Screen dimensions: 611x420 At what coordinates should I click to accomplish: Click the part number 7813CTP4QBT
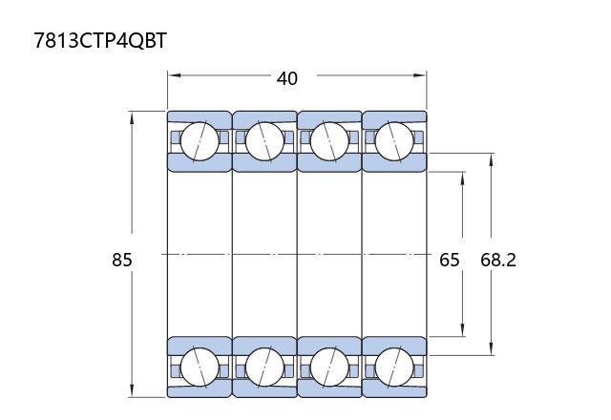click(100, 40)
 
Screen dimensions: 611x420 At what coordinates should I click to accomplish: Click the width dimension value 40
click(287, 78)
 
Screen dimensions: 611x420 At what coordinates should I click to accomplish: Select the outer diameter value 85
click(122, 260)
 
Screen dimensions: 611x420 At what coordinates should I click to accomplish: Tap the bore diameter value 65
click(450, 260)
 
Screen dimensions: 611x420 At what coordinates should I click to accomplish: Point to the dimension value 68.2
click(498, 260)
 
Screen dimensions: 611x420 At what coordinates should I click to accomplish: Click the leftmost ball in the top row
click(200, 141)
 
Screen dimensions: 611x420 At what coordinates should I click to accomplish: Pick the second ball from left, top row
click(264, 141)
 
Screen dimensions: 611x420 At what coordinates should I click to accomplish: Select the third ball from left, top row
click(329, 141)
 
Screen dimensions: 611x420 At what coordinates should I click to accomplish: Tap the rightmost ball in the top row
click(394, 141)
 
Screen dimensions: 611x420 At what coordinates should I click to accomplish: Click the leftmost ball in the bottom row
click(200, 367)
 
